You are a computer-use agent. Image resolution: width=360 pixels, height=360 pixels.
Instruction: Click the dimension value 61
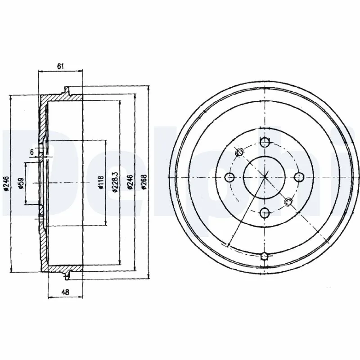[x=61, y=66]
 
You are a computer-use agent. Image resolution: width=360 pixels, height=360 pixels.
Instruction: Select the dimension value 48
[x=66, y=292]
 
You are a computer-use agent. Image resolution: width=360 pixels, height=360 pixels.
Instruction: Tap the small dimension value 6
[x=32, y=153]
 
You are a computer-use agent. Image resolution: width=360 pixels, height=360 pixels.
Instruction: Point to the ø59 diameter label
[x=21, y=184]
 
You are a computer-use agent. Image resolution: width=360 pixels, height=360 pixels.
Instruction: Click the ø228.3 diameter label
[x=115, y=183]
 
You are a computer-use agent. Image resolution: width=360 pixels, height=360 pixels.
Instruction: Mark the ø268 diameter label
[x=144, y=183]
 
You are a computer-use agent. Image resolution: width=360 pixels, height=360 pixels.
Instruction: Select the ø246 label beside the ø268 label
[x=130, y=183]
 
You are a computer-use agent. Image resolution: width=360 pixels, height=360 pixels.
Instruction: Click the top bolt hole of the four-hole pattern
[x=265, y=143]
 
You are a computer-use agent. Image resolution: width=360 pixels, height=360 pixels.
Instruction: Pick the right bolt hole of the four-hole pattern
[x=298, y=176]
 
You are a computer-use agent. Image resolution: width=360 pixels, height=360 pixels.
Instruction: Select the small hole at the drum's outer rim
[x=265, y=256]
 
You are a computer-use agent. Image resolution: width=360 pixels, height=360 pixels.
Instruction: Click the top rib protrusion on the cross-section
[x=67, y=90]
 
